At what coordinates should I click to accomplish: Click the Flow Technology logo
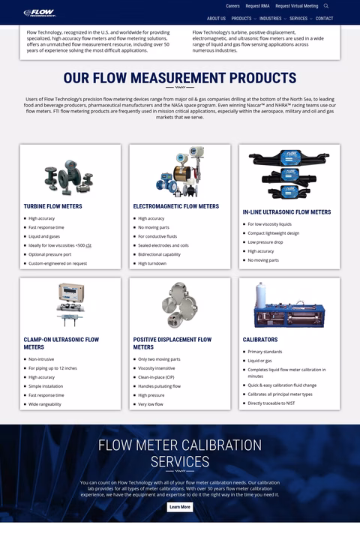pos(38,13)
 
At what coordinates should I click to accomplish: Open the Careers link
pos(232,6)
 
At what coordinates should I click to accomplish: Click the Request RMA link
pos(257,6)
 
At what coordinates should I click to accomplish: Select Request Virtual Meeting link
pos(296,6)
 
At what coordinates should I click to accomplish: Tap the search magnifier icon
pos(326,6)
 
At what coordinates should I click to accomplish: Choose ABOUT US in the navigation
pos(216,19)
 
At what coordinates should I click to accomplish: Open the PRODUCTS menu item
pos(241,19)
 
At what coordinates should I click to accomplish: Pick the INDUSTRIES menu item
pos(271,19)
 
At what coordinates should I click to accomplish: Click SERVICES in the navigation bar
pos(298,19)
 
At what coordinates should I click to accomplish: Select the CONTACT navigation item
pos(324,19)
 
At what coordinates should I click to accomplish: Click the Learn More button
pos(180,507)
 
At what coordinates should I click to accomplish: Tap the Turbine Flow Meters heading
pos(52,206)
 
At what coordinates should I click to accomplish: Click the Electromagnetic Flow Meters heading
pos(176,206)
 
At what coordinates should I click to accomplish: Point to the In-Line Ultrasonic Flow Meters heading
pos(286,212)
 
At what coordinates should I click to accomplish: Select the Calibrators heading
pos(260,340)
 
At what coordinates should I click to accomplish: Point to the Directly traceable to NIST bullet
pos(271,403)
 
